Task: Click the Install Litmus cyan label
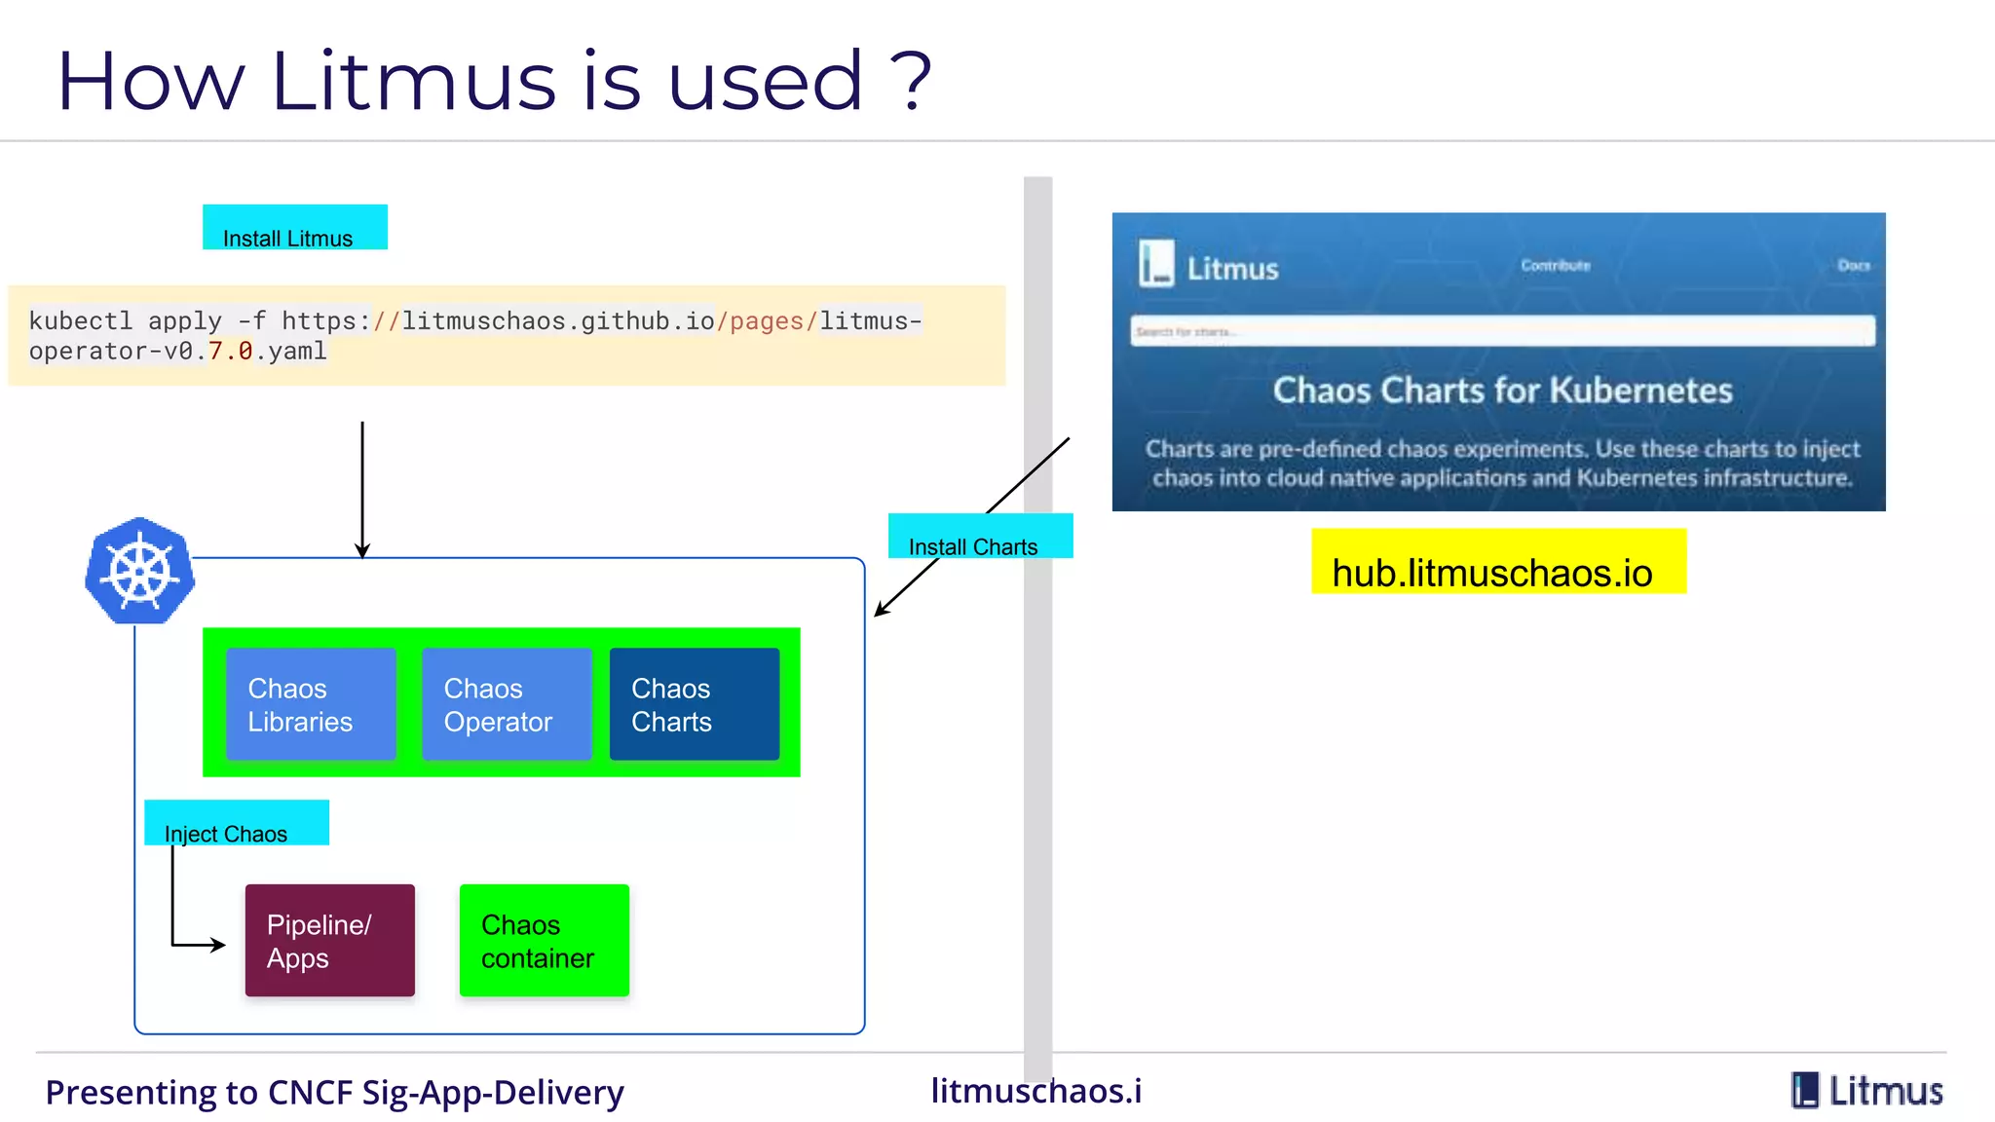294,228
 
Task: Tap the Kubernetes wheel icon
139,571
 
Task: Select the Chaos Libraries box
311,704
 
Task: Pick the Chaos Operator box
507,704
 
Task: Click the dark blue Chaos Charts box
695,704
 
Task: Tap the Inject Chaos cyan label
236,824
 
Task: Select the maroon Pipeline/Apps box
329,940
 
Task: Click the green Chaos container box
544,940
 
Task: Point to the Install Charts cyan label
980,537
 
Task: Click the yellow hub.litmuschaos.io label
1497,562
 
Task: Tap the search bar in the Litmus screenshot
1501,331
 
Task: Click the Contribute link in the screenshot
1555,265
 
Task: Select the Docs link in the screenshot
1853,265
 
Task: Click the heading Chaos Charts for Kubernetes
1501,391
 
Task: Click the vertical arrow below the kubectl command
362,487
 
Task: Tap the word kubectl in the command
80,320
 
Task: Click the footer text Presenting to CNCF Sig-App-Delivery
334,1093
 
